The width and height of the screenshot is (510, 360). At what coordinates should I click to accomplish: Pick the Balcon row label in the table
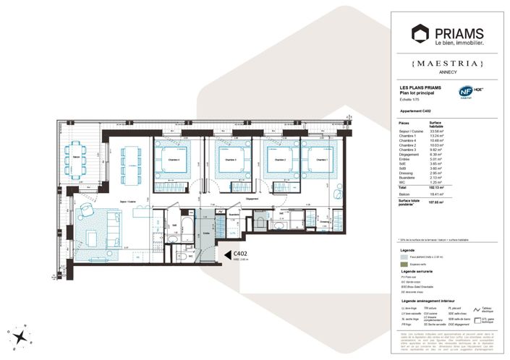pyautogui.click(x=405, y=194)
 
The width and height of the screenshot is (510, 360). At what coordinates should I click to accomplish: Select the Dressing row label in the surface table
pyautogui.click(x=407, y=173)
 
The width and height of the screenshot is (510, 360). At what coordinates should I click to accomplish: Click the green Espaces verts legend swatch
pyautogui.click(x=404, y=264)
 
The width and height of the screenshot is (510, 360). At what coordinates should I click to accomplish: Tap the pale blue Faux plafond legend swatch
pyautogui.click(x=404, y=256)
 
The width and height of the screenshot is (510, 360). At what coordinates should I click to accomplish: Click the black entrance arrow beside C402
pyautogui.click(x=226, y=254)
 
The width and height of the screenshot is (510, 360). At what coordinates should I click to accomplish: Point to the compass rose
pyautogui.click(x=19, y=335)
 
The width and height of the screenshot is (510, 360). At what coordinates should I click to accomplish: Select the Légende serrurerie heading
pyautogui.click(x=422, y=271)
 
